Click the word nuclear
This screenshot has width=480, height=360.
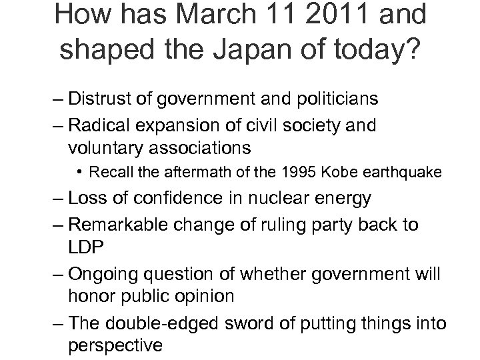(281, 198)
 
